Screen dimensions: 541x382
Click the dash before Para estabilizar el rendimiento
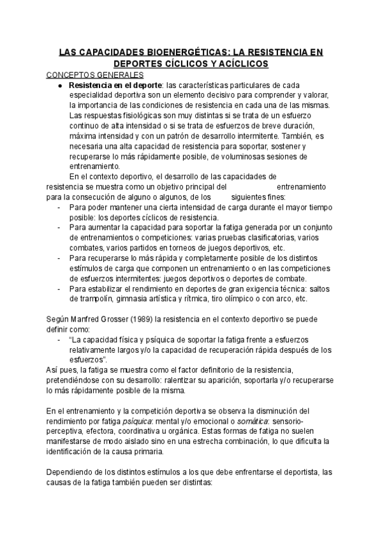(59, 288)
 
